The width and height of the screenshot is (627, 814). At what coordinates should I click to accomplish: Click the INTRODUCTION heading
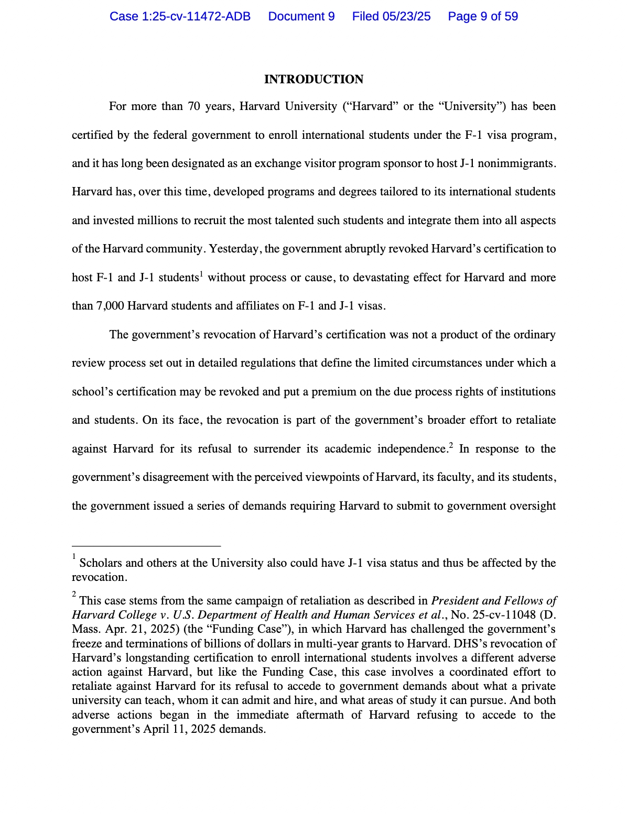coord(313,80)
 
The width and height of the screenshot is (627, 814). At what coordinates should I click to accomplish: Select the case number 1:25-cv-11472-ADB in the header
coord(180,17)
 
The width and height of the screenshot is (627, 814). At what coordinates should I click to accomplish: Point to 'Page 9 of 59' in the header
coord(483,17)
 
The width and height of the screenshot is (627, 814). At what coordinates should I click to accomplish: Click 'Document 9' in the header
coord(301,17)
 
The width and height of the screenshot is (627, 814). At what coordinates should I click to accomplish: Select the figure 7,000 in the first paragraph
coord(110,306)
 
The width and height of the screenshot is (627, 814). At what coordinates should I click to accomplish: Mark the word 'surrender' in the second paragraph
coord(277,449)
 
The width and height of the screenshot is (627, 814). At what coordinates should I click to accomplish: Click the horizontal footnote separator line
coord(146,546)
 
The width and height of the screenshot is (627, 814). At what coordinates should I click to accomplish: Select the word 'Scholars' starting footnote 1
coord(101,563)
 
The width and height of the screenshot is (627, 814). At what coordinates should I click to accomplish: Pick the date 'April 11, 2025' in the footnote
coord(180,729)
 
